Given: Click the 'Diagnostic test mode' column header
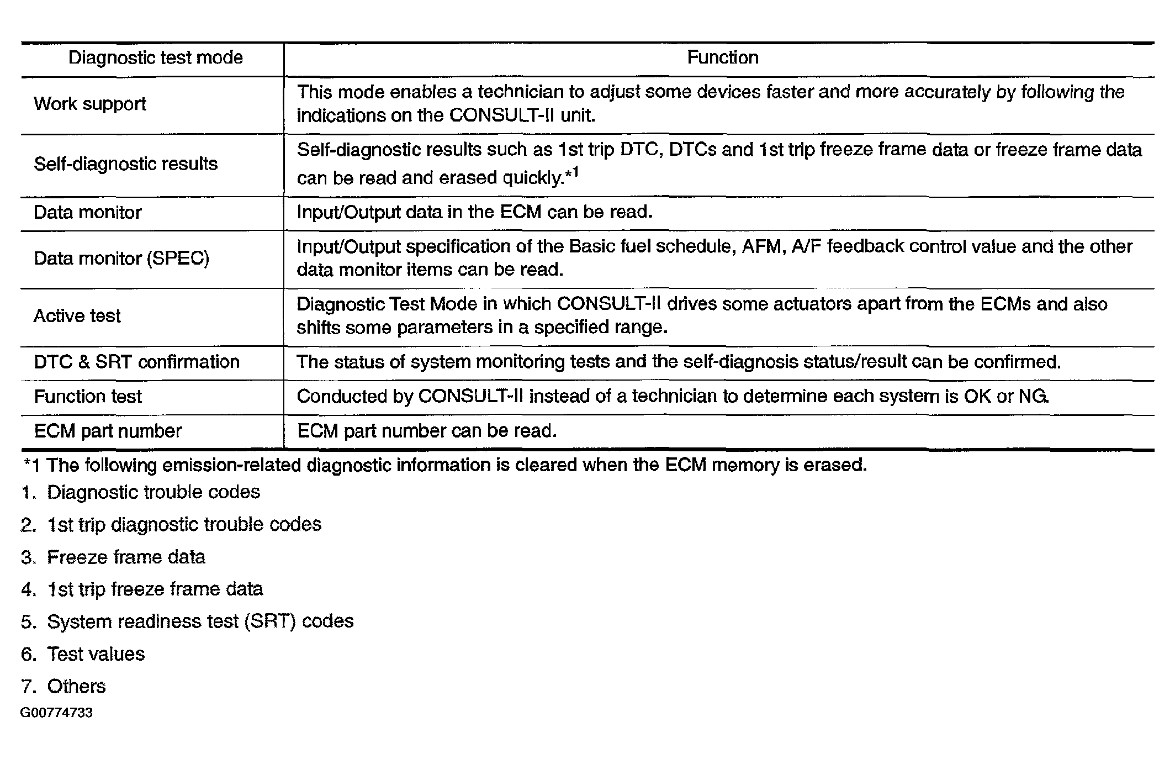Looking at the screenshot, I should click(155, 58).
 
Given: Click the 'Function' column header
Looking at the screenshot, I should click(722, 58).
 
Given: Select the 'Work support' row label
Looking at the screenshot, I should click(90, 104).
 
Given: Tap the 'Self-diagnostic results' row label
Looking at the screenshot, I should click(126, 164).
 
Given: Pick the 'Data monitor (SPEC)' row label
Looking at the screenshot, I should click(121, 259).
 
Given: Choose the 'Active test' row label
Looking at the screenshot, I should click(77, 316).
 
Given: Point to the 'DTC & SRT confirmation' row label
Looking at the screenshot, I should click(137, 362).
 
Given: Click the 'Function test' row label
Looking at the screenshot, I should click(88, 397).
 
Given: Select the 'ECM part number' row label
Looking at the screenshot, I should click(108, 431).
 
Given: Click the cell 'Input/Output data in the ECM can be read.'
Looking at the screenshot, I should click(475, 213).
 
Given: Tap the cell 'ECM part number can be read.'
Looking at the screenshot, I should click(427, 431).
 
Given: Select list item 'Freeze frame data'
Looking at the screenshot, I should click(126, 557).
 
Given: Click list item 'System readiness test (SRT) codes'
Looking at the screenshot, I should click(200, 621).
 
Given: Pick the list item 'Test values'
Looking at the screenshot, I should click(96, 654).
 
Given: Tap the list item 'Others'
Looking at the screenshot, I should click(76, 686).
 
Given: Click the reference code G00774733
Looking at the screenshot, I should click(56, 713).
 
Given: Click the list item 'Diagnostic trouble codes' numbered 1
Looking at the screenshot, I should click(153, 492).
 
